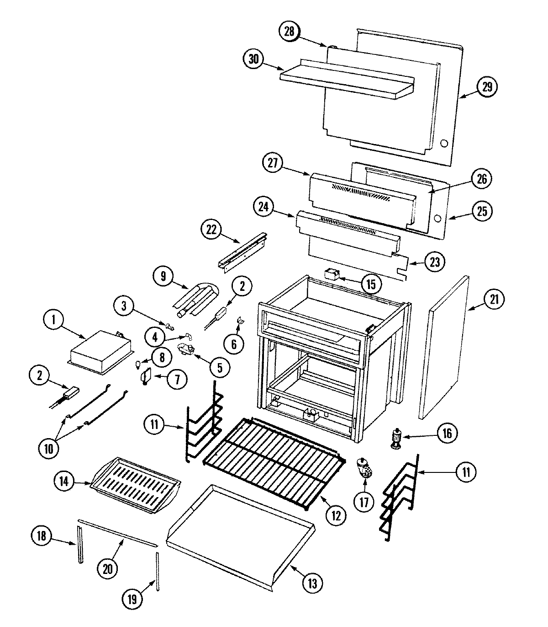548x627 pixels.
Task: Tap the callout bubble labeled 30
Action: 253,59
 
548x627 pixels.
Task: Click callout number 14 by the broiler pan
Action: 65,481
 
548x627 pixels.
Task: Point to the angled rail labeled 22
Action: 242,252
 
